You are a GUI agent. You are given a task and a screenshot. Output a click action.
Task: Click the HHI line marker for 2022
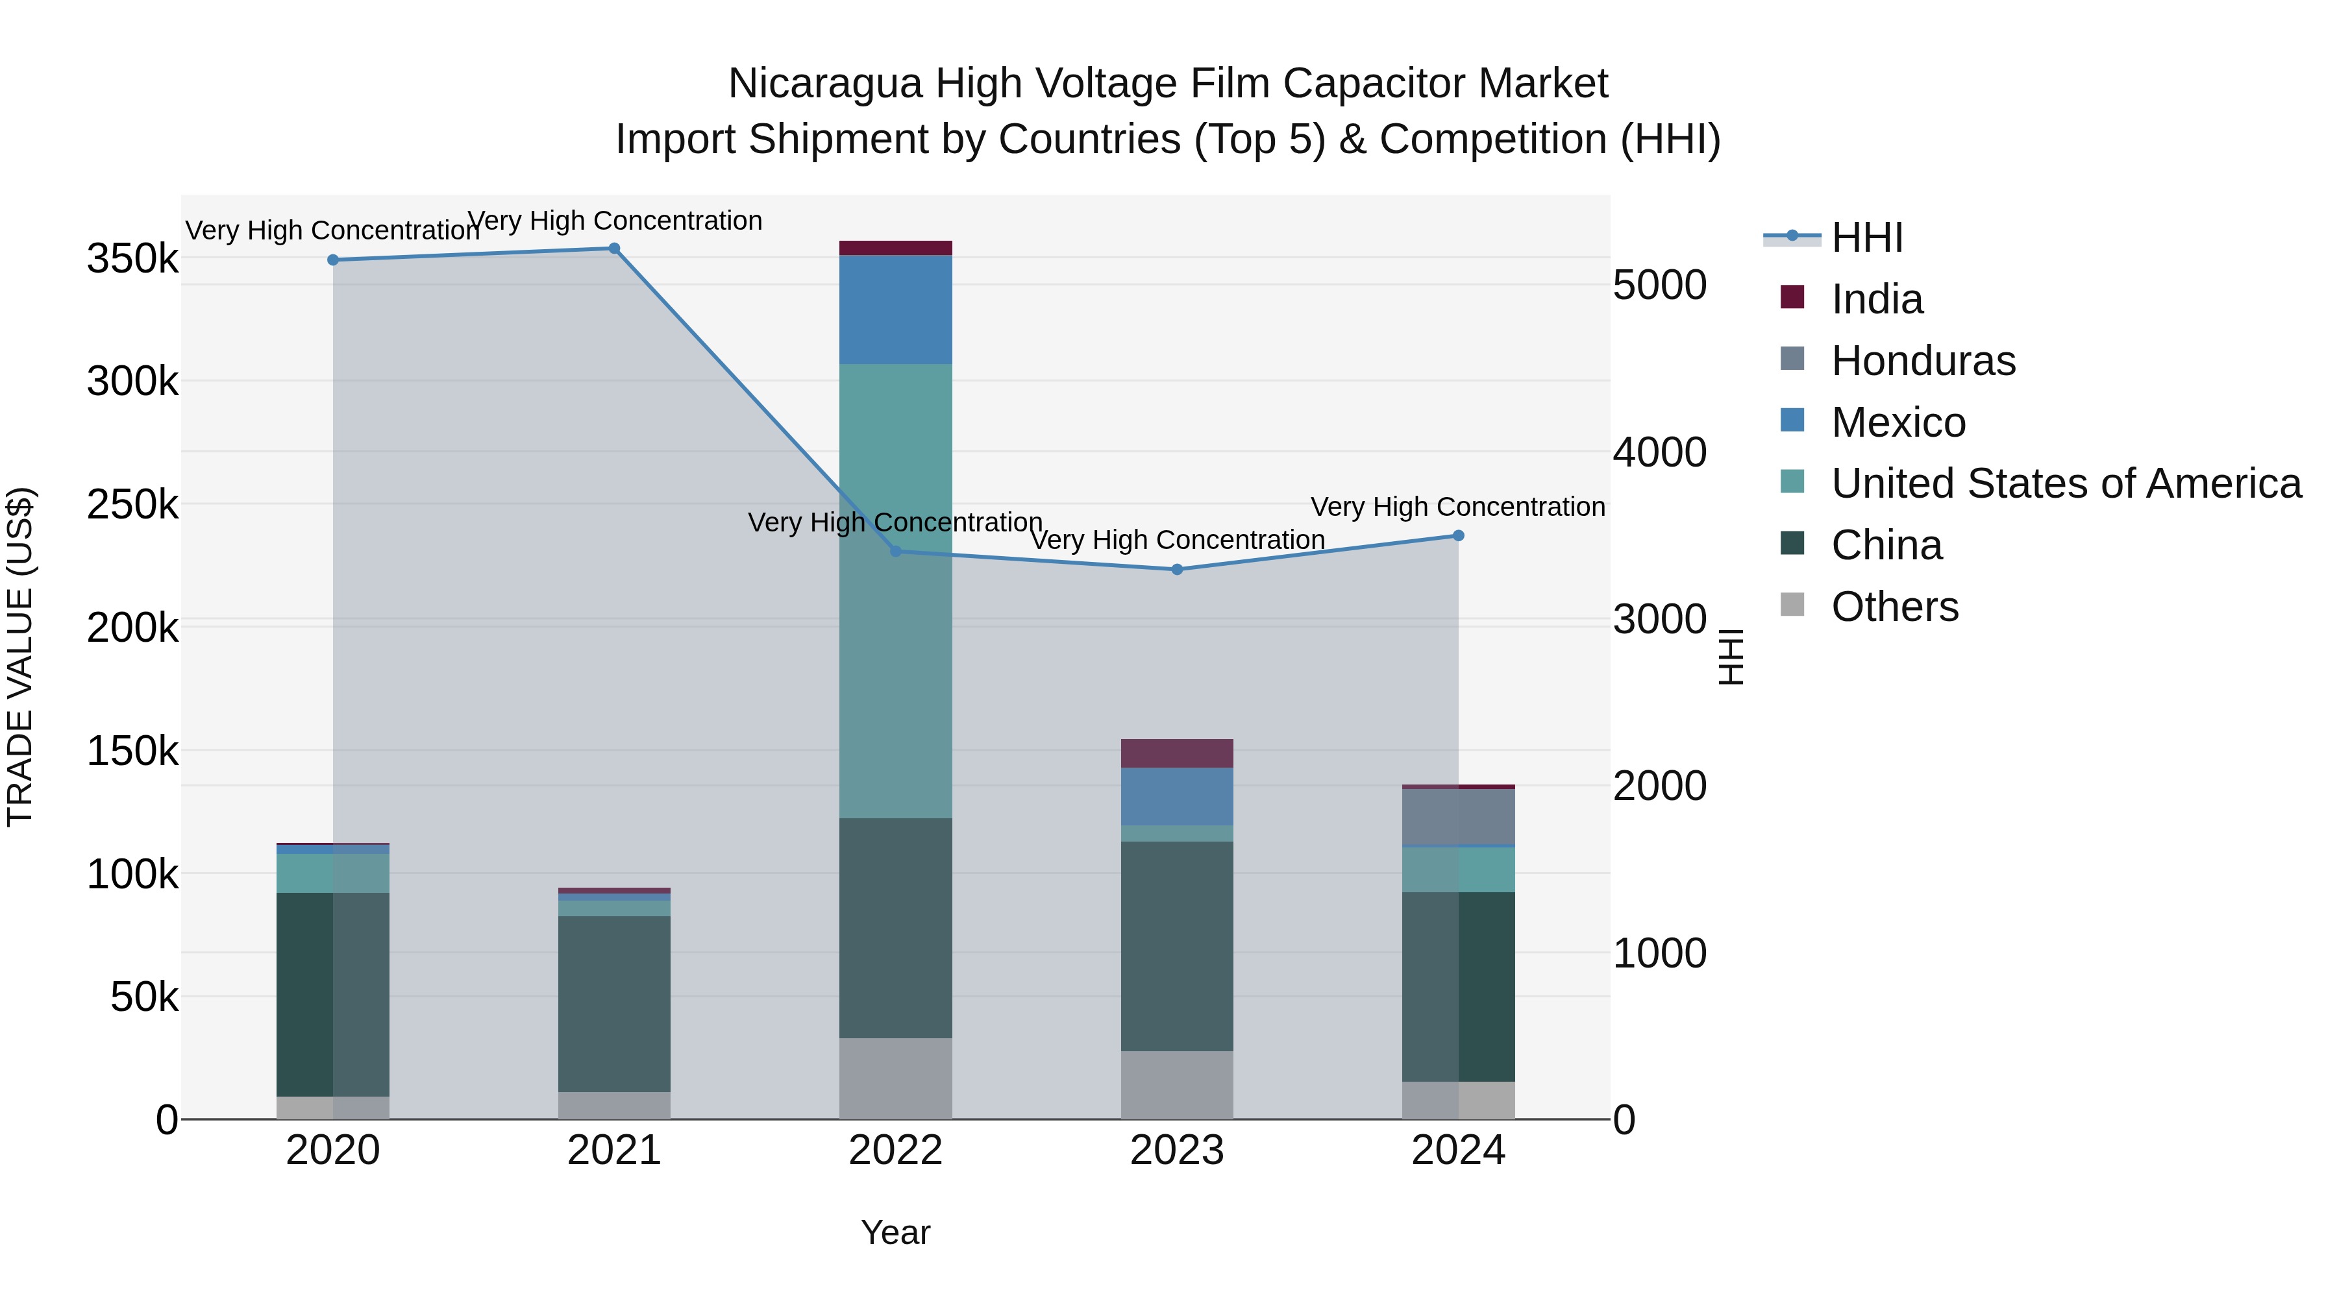(x=895, y=552)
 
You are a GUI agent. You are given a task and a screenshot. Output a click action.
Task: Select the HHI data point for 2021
(x=614, y=249)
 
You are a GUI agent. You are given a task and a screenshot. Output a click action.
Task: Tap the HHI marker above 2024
(x=1458, y=536)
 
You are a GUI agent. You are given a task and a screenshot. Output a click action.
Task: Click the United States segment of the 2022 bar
(x=895, y=589)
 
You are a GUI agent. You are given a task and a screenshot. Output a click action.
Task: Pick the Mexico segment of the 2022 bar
(x=895, y=310)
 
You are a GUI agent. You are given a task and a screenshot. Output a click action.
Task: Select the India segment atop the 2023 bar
(x=1177, y=753)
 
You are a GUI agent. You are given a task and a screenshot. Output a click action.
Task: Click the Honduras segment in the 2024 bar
(x=1458, y=816)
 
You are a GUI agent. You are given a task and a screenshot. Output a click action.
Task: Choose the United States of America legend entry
(x=2066, y=483)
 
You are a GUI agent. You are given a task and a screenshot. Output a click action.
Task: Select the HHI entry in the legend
(x=1866, y=237)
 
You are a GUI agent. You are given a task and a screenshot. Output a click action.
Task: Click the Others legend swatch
(x=1792, y=605)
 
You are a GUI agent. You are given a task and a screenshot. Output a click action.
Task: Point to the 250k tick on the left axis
(x=132, y=504)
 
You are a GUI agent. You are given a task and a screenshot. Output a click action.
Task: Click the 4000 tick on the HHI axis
(x=1659, y=452)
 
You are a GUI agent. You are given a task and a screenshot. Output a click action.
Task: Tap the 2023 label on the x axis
(x=1177, y=1150)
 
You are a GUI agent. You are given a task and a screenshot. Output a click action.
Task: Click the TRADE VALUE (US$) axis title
(x=20, y=657)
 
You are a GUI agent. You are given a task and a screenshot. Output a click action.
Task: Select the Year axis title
(x=895, y=1232)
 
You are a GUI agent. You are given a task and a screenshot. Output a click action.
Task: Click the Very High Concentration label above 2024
(x=1458, y=507)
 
